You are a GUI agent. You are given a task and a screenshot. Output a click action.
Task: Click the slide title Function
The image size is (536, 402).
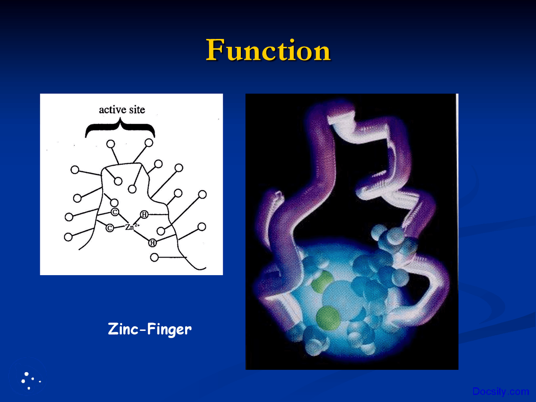pos(268,50)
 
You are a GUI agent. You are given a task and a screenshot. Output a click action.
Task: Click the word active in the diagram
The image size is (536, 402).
pos(112,110)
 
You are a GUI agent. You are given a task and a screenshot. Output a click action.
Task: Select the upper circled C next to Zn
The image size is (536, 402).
pos(115,212)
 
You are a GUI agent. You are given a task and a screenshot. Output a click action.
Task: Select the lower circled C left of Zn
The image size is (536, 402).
pos(110,228)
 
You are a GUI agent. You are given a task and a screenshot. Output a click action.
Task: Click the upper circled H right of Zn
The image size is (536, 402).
pos(144,214)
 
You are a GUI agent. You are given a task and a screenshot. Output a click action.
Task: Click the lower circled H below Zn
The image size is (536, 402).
pos(152,243)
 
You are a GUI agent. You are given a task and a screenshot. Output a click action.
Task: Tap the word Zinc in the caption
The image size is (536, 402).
pos(123,329)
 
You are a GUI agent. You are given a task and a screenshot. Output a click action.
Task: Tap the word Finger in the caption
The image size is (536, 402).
pos(169,329)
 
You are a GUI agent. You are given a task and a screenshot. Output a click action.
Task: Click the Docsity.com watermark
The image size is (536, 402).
pos(500,392)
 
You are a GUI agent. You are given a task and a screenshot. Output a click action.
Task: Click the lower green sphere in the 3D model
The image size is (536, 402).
pos(328,317)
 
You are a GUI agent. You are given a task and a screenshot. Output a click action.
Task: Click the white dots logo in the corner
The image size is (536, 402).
pos(29,380)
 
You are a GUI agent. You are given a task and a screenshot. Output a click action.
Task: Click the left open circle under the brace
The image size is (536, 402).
pos(111,144)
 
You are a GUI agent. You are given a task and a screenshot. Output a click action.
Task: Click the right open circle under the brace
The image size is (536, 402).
pos(149,143)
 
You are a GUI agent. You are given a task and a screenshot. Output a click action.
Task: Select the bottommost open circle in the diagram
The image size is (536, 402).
pos(154,257)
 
